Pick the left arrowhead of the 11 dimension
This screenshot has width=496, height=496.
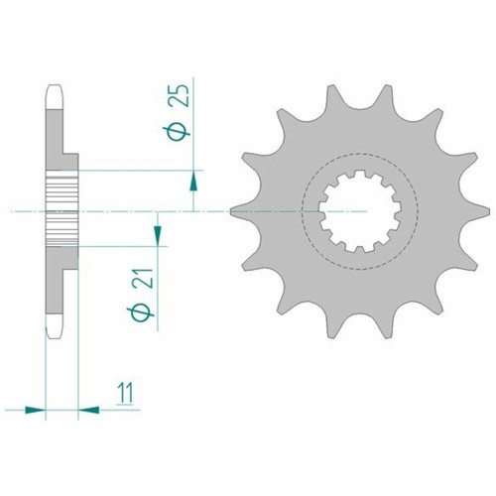pyautogui.click(x=37, y=407)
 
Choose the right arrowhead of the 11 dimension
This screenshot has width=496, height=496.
pyautogui.click(x=87, y=407)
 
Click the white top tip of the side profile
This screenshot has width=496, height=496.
pyautogui.click(x=55, y=91)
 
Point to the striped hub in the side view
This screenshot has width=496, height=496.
pyautogui.click(x=62, y=209)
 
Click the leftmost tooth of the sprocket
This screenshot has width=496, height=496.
pyautogui.click(x=237, y=210)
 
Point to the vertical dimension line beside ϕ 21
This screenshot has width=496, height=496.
pyautogui.click(x=156, y=288)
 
